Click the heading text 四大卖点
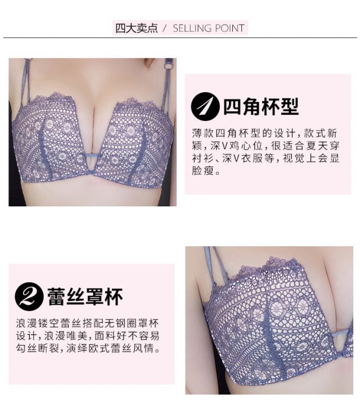pyautogui.click(x=137, y=28)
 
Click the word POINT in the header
pyautogui.click(x=229, y=28)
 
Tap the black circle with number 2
pyautogui.click(x=29, y=296)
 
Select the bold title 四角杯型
pyautogui.click(x=261, y=107)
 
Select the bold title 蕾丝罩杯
pyautogui.click(x=85, y=297)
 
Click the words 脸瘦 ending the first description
pyautogui.click(x=202, y=170)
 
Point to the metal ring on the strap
pyautogui.click(x=169, y=64)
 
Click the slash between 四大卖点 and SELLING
pyautogui.click(x=165, y=28)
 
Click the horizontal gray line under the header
pyautogui.click(x=180, y=38)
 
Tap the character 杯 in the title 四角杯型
pyautogui.click(x=270, y=107)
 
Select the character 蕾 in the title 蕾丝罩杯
pyautogui.click(x=56, y=297)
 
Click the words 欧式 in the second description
pyautogui.click(x=100, y=348)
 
